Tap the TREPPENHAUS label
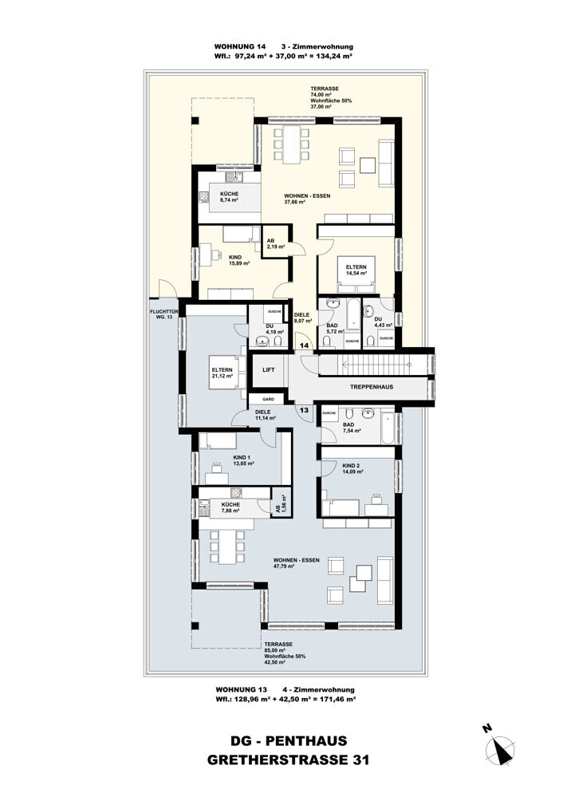click(372, 387)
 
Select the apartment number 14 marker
click(304, 344)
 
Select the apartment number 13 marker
click(304, 409)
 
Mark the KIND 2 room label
click(352, 468)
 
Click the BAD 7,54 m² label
click(350, 428)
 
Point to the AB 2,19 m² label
click(275, 243)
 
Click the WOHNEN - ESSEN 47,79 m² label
click(296, 564)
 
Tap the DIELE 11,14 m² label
click(265, 415)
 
